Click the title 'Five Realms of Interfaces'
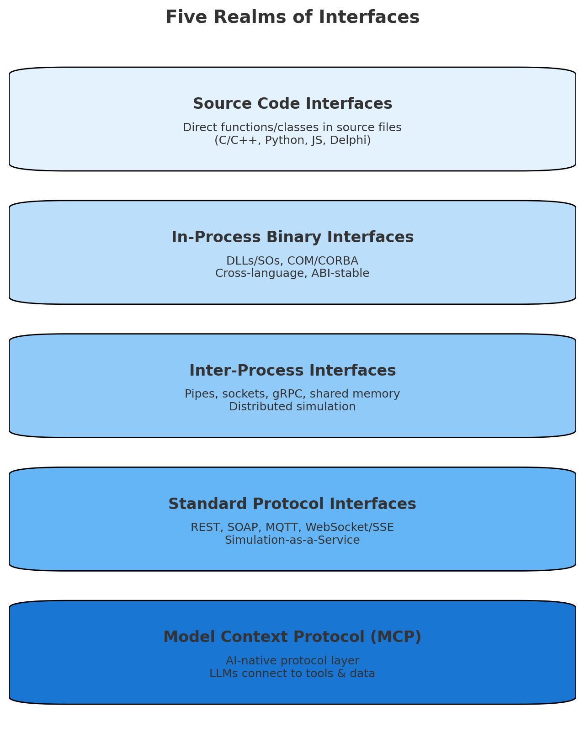point(292,17)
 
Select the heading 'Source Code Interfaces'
point(292,104)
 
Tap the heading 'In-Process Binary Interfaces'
point(292,237)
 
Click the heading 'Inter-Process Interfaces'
point(292,371)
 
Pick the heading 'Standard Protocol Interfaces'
point(292,504)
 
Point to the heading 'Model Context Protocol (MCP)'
point(292,637)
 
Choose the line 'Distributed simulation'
point(292,407)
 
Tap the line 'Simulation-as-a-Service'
point(292,540)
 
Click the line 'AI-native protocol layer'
point(292,661)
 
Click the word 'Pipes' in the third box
point(197,394)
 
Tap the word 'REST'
point(203,527)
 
